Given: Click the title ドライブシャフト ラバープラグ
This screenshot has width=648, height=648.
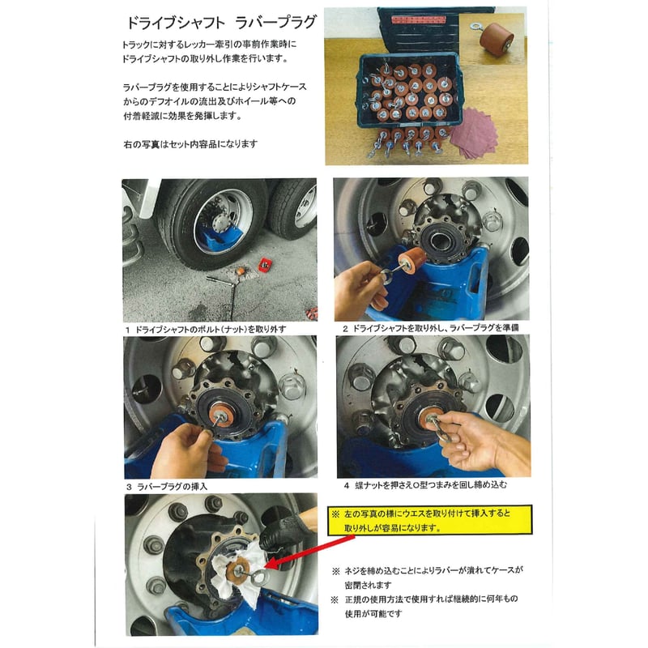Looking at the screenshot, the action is (x=221, y=23).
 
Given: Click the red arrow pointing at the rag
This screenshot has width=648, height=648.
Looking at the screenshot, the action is (x=309, y=552).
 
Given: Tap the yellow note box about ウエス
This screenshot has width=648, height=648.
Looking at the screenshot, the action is (x=429, y=520).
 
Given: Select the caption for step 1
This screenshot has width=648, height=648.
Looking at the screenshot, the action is (x=206, y=330).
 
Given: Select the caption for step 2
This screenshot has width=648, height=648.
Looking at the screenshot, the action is (x=430, y=328).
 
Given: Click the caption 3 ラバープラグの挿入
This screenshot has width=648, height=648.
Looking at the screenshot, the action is (x=167, y=487).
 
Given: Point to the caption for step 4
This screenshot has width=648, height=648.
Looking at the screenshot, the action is (x=425, y=484).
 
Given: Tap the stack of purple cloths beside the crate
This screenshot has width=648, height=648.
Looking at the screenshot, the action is (x=472, y=133).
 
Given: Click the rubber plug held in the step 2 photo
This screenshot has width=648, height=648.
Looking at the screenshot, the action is (x=412, y=260).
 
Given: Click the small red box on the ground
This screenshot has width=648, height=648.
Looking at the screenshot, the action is (x=264, y=265).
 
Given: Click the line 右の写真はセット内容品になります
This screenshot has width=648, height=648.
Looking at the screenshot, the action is (x=190, y=144).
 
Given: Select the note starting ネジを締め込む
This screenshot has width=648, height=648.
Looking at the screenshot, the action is (x=428, y=578).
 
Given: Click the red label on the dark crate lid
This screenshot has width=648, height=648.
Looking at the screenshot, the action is (x=418, y=19).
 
